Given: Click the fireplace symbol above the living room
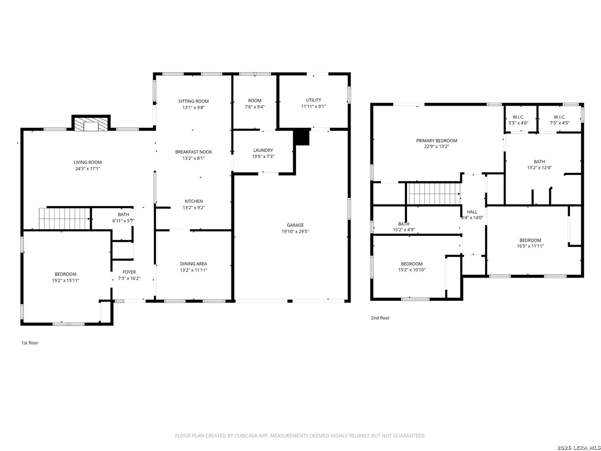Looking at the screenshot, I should pyautogui.click(x=91, y=124).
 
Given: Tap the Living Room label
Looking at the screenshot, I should pyautogui.click(x=88, y=162).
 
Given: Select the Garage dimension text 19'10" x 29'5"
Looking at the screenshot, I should pyautogui.click(x=295, y=231).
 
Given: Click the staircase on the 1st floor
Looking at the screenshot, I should pyautogui.click(x=65, y=218).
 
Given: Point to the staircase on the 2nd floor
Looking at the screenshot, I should pyautogui.click(x=434, y=194).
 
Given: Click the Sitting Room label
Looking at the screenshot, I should pyautogui.click(x=193, y=101).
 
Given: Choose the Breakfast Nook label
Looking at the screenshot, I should pyautogui.click(x=193, y=152).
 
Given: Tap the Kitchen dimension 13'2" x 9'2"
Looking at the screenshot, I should pyautogui.click(x=194, y=208).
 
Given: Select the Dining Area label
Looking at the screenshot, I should pyautogui.click(x=193, y=264).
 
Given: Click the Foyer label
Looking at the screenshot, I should pyautogui.click(x=129, y=272).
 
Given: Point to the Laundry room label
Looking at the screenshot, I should pyautogui.click(x=263, y=150).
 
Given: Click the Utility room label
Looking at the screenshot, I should pyautogui.click(x=313, y=100).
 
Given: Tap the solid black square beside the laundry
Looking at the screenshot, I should pyautogui.click(x=302, y=137).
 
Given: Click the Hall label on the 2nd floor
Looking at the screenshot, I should pyautogui.click(x=472, y=212).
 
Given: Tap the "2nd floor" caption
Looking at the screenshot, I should pyautogui.click(x=380, y=318).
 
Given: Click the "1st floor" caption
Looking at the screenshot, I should pyautogui.click(x=30, y=343).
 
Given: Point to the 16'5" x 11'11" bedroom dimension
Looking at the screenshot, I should pyautogui.click(x=530, y=246).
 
